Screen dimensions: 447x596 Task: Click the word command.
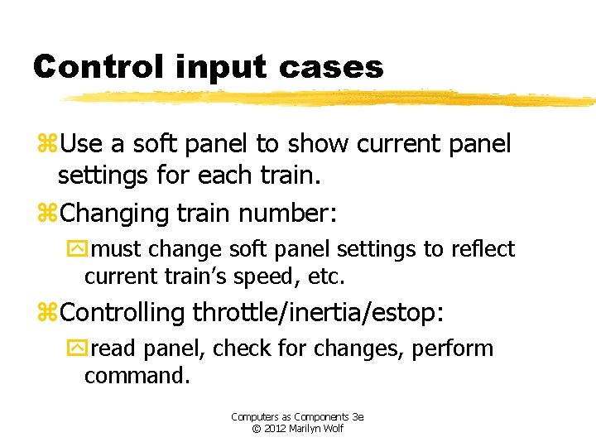click(137, 375)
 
